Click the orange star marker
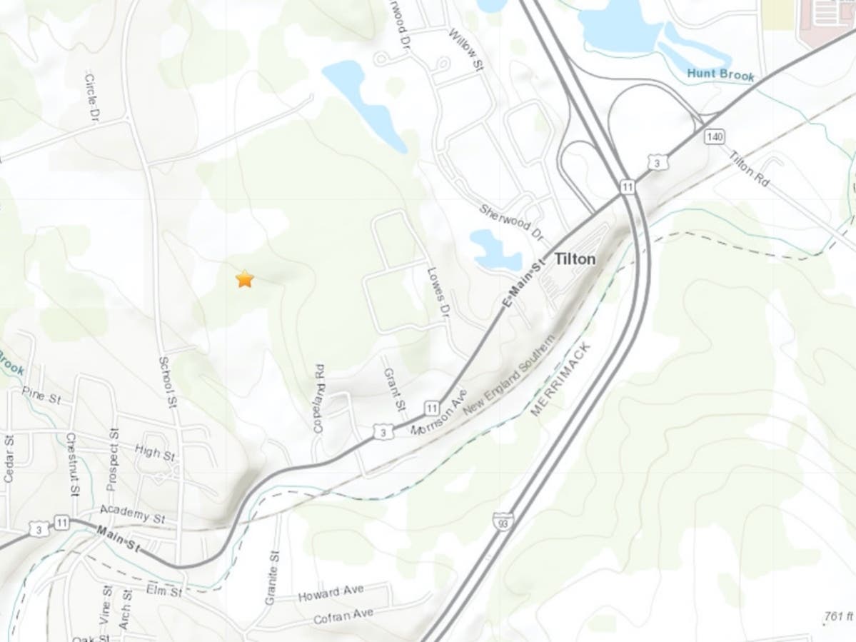(245, 279)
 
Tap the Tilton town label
(574, 259)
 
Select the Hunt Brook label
(720, 74)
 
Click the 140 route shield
(711, 136)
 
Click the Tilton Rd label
(749, 170)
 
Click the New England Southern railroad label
(508, 378)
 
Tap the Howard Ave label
(332, 593)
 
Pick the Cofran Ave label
(343, 616)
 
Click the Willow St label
(465, 49)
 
